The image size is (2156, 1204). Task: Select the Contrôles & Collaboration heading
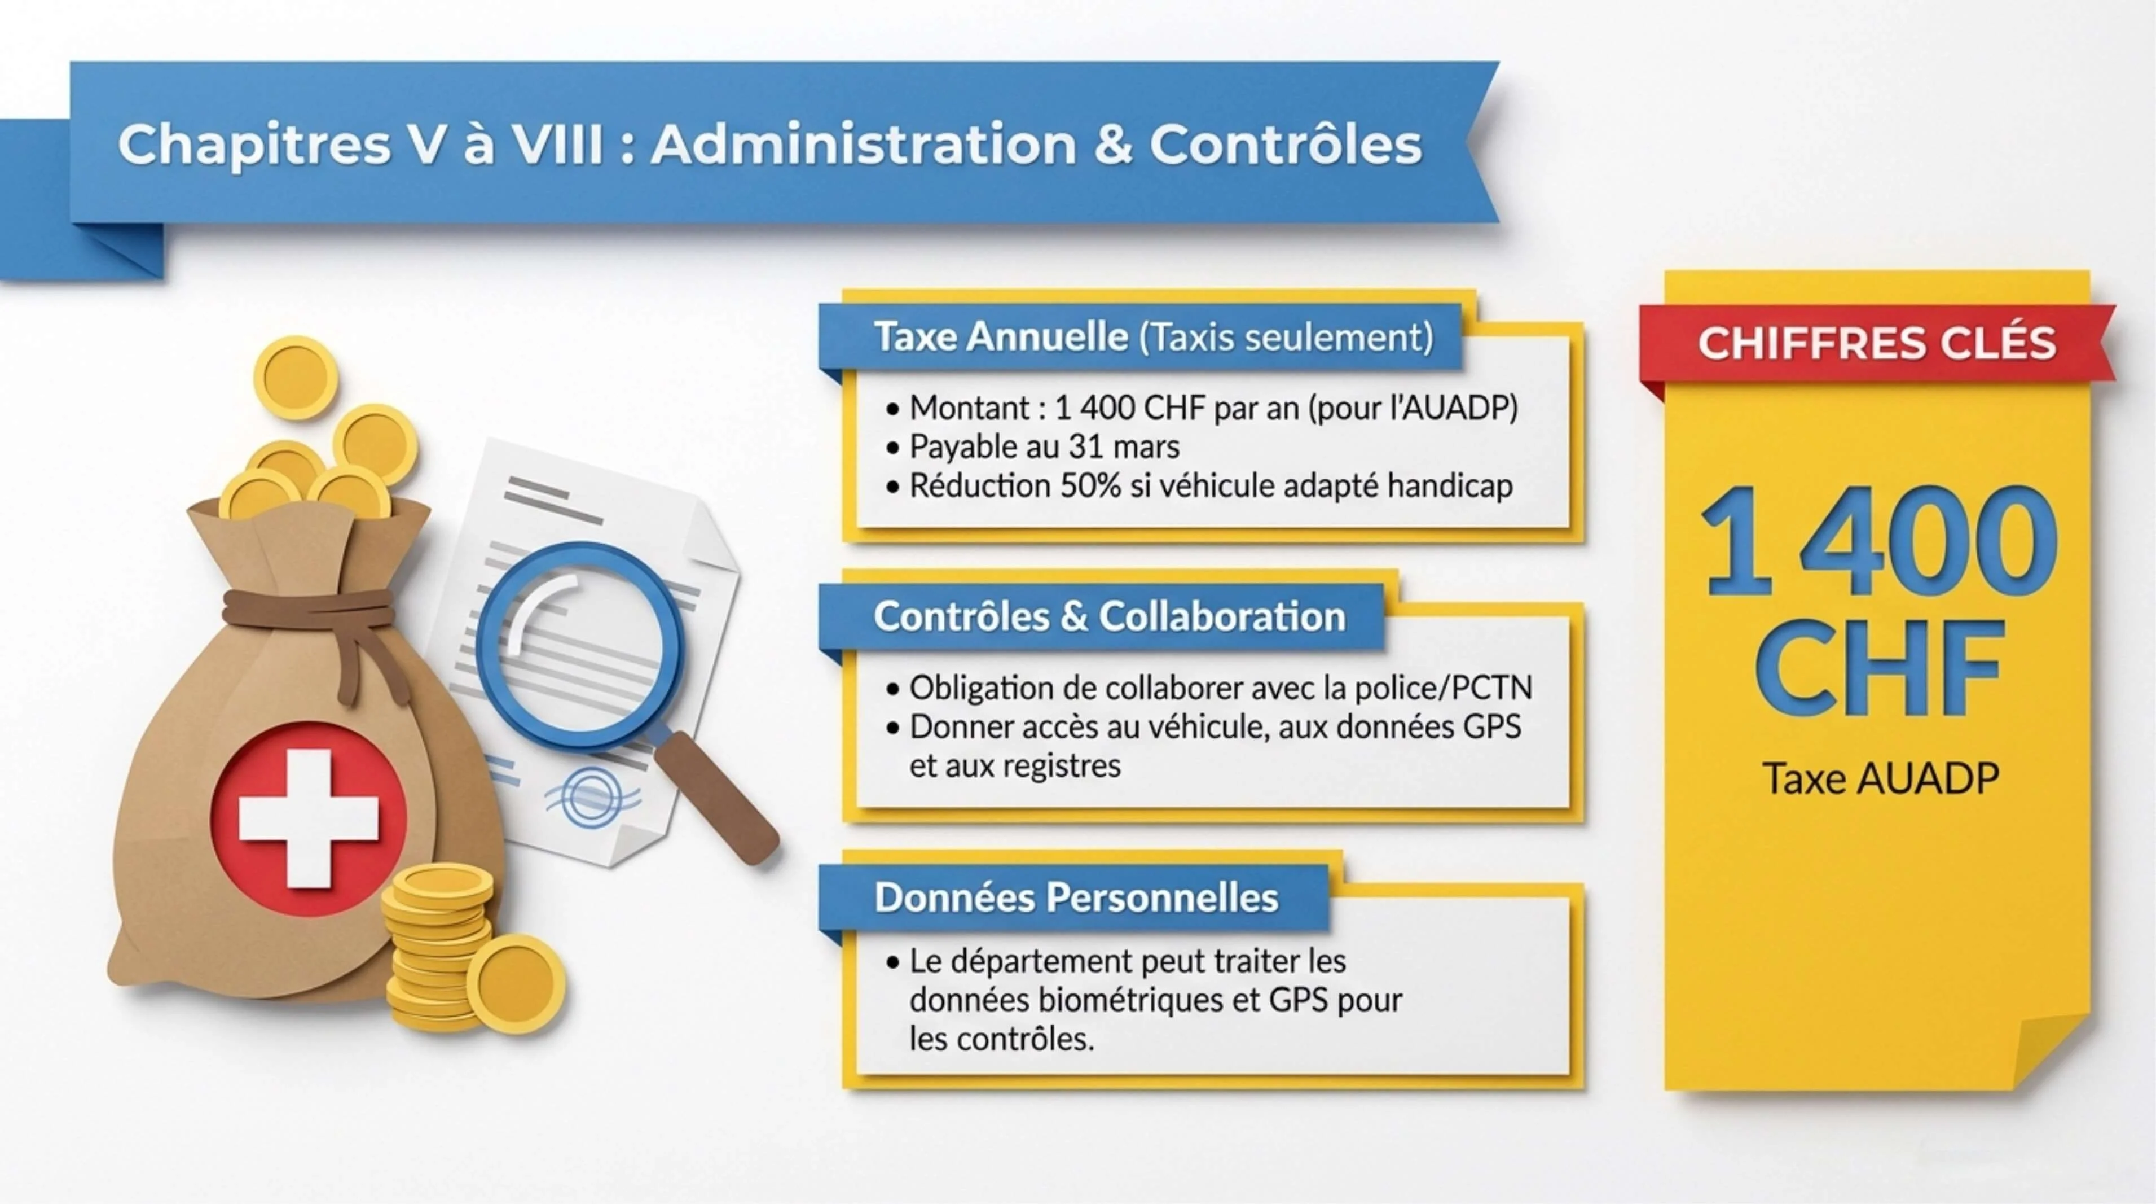1109,617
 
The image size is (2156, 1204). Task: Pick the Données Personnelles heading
1076,897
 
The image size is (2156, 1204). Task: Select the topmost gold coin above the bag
296,376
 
